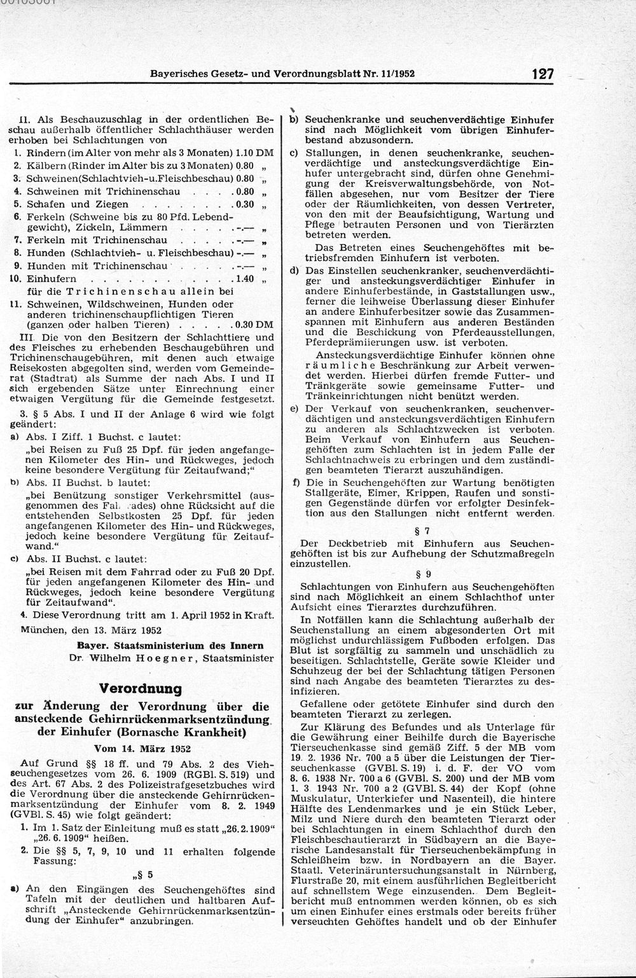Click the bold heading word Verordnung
pyautogui.click(x=141, y=689)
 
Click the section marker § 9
pyautogui.click(x=427, y=574)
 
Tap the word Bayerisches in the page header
pyautogui.click(x=176, y=73)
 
